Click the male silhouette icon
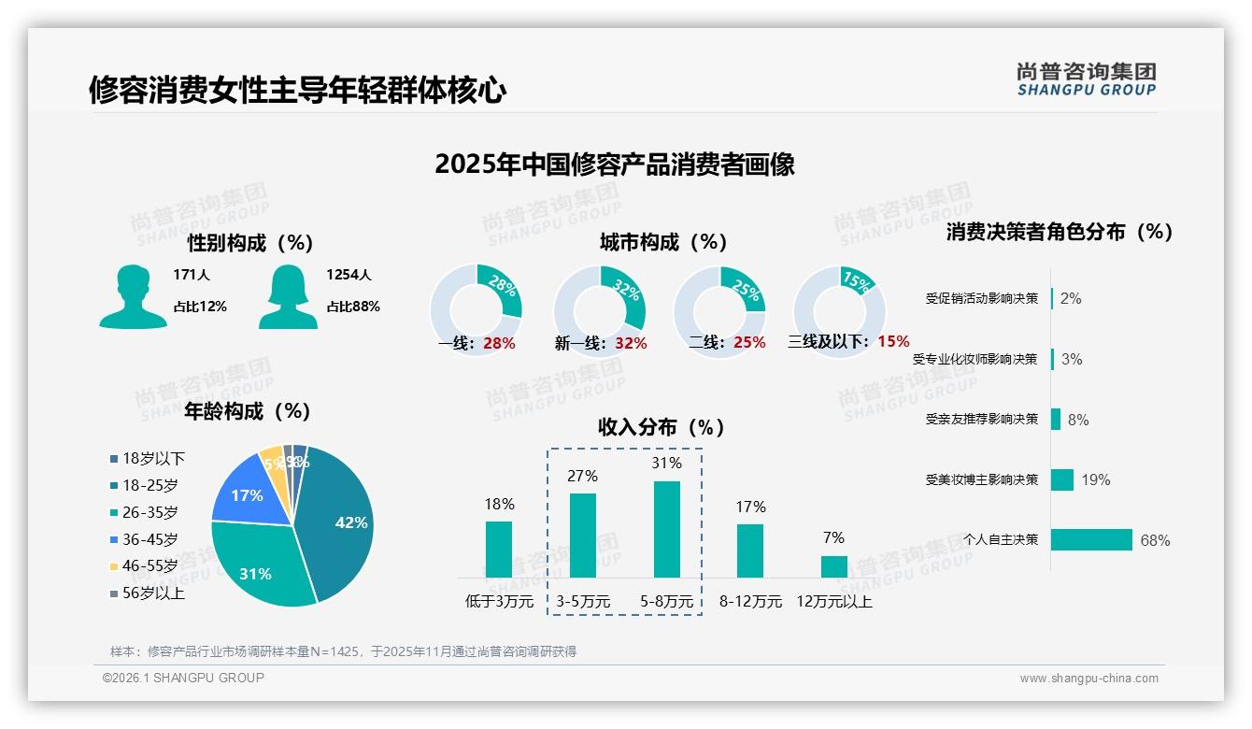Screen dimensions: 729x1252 click(134, 297)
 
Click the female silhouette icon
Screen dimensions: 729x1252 click(288, 297)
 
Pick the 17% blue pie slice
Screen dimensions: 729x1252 click(246, 493)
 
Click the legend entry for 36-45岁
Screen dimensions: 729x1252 click(149, 539)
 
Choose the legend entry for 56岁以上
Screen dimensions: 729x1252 click(153, 593)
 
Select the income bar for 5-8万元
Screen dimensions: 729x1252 click(667, 529)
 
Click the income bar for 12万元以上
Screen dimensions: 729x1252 click(834, 566)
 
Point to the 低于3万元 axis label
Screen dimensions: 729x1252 click(498, 602)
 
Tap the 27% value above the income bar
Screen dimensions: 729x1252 click(582, 477)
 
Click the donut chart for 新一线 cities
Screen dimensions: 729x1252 click(600, 310)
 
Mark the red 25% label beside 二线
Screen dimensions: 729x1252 click(749, 343)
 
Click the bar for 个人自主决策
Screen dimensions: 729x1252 click(1091, 539)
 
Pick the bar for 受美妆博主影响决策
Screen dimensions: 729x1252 click(1062, 479)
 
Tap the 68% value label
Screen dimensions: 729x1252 click(1155, 540)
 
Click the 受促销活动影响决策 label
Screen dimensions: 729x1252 click(982, 298)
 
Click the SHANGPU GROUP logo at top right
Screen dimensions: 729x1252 click(1086, 79)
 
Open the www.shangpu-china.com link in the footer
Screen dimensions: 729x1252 click(1088, 679)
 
